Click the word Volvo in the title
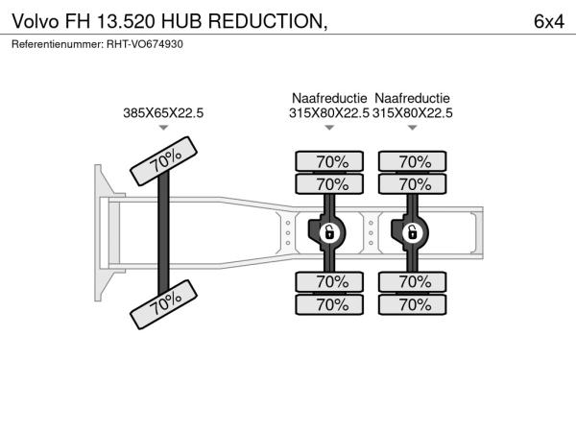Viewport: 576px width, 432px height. click(x=36, y=21)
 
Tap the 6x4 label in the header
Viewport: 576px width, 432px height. click(x=549, y=21)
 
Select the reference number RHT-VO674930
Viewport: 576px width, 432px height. click(x=145, y=44)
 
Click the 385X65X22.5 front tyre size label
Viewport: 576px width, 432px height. click(x=163, y=112)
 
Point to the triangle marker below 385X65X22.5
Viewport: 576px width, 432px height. click(x=163, y=128)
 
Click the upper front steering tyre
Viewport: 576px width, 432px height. click(x=164, y=161)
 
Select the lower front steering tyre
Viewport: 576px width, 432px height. click(x=164, y=304)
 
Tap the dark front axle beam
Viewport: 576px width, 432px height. click(x=163, y=233)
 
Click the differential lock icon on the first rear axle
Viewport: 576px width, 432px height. click(x=329, y=233)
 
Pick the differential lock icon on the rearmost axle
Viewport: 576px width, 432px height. click(x=412, y=233)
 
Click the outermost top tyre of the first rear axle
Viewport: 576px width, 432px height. click(x=329, y=161)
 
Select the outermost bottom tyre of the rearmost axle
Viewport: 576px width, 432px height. click(x=413, y=304)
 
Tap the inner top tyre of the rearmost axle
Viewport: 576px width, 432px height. click(x=413, y=184)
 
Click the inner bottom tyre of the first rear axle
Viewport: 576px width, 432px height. click(x=329, y=281)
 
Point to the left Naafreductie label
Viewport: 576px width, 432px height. click(x=329, y=98)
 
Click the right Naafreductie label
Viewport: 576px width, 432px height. click(x=412, y=98)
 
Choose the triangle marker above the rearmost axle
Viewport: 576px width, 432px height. click(x=413, y=128)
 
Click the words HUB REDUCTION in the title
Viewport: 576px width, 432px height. click(x=244, y=21)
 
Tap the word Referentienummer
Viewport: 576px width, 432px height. click(x=58, y=44)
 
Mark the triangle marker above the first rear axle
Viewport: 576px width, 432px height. click(x=329, y=128)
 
